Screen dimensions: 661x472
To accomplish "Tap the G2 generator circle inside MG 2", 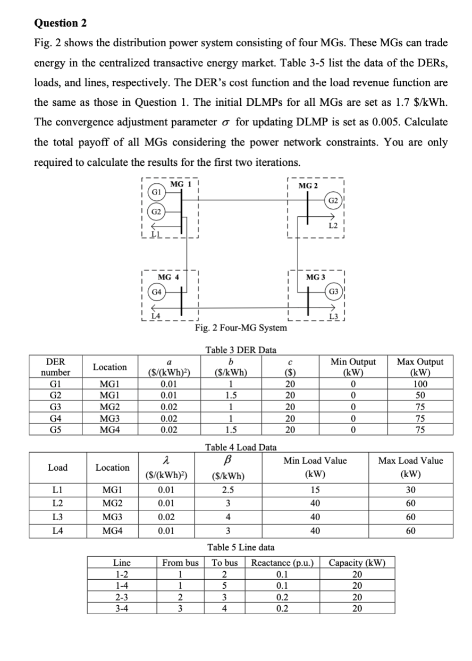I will (333, 201).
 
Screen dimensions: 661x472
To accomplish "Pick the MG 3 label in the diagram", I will (316, 277).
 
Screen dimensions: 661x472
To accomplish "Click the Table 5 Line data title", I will (241, 547).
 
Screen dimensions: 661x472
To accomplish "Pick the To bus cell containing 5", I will (224, 586).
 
